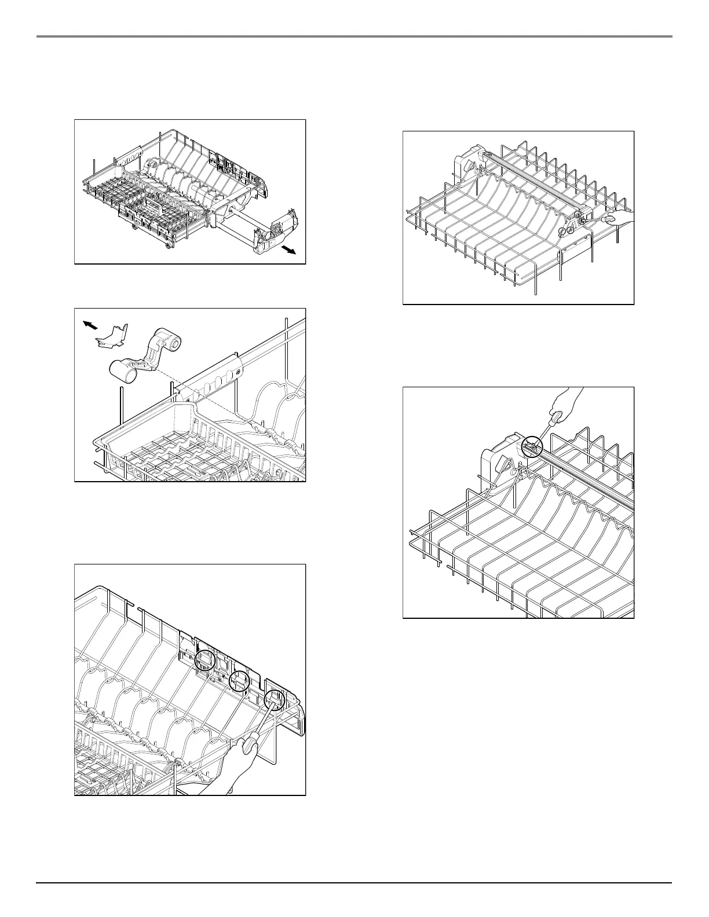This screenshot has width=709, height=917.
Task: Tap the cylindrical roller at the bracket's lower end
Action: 123,369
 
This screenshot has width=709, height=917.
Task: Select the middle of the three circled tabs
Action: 239,681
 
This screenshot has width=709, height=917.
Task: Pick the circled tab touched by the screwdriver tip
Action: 274,701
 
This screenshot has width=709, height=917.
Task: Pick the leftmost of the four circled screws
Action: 562,231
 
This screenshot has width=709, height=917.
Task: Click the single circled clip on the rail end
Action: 532,446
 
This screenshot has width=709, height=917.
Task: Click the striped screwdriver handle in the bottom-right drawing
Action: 555,417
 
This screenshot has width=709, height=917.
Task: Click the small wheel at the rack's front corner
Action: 169,247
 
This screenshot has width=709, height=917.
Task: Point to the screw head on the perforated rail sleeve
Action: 236,366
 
